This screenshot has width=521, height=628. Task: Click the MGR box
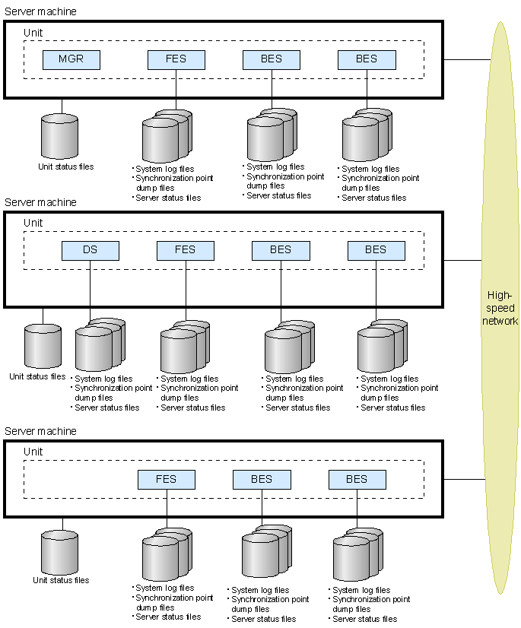click(x=71, y=59)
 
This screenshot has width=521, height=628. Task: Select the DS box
click(x=91, y=250)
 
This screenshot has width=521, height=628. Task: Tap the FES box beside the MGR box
click(x=176, y=59)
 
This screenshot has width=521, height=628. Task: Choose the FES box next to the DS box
click(x=186, y=250)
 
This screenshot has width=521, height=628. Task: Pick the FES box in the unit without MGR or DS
click(x=167, y=480)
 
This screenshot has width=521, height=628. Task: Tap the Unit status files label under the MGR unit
click(x=66, y=167)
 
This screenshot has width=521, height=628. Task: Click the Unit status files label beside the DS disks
click(x=37, y=376)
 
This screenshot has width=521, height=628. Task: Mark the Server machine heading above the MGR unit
click(x=40, y=12)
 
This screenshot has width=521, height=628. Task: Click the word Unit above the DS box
click(x=33, y=223)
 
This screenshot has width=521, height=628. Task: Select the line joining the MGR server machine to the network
click(x=465, y=59)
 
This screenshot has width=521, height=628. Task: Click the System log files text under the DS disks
click(x=103, y=379)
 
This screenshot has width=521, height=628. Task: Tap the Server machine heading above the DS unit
click(x=40, y=202)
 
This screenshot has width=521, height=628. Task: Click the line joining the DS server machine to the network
click(x=462, y=260)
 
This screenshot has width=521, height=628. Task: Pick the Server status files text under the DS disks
click(x=106, y=408)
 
